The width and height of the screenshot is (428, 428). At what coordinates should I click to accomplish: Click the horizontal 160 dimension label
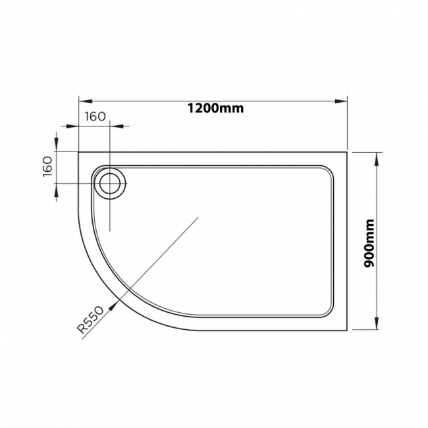point(95,117)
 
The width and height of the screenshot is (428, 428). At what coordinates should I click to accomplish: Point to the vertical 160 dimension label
point(47,167)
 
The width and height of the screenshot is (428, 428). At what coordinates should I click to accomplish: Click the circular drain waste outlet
point(109,182)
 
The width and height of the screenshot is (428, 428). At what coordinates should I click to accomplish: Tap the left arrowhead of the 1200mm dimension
point(83,101)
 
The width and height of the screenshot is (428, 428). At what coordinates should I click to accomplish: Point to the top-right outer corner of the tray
point(346,153)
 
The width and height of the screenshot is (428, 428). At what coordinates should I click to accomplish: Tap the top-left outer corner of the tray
point(79,153)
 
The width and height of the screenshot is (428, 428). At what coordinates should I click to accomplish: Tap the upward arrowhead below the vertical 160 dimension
point(57,188)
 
